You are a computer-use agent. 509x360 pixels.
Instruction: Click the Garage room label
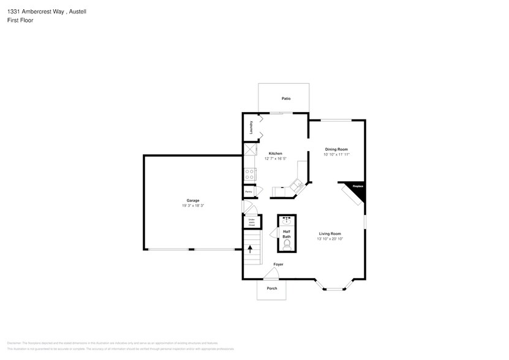click(193, 200)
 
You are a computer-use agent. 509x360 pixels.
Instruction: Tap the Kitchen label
click(276, 153)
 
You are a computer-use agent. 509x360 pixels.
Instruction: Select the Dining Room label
click(336, 149)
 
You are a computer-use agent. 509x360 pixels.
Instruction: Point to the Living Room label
click(330, 233)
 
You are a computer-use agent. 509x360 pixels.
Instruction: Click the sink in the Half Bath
click(287, 219)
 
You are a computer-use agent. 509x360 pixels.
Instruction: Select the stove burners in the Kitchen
click(250, 174)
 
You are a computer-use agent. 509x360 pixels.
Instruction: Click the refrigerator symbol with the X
click(251, 150)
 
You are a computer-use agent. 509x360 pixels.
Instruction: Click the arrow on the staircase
click(250, 248)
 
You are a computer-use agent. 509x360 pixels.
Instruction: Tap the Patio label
click(286, 99)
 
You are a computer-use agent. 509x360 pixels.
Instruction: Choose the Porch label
click(272, 288)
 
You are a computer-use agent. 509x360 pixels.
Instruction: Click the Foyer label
click(278, 264)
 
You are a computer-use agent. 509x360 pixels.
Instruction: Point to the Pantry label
click(249, 192)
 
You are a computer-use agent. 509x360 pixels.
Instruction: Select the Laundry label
click(251, 127)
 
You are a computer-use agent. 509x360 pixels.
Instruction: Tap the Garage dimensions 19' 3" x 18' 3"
click(193, 206)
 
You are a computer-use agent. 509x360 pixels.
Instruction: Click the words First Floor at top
click(21, 20)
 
